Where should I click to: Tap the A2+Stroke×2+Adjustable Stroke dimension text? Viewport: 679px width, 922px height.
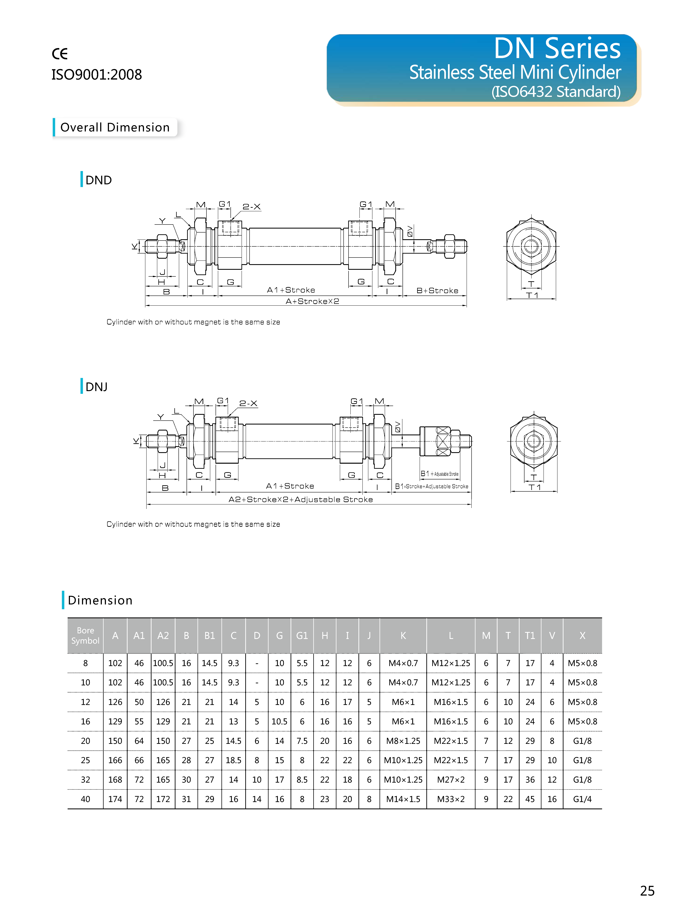(300, 500)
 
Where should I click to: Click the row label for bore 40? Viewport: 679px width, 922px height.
(86, 799)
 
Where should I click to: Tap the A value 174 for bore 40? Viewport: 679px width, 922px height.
(115, 799)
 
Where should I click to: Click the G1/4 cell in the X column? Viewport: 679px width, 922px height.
(582, 799)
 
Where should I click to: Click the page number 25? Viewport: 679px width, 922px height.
(647, 891)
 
